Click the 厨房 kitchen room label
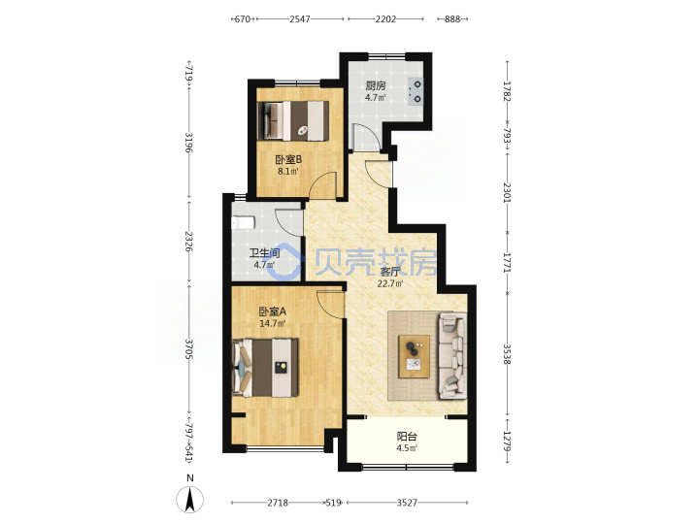pyautogui.click(x=376, y=85)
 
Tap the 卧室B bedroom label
pyautogui.click(x=288, y=159)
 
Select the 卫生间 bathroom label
pyautogui.click(x=264, y=253)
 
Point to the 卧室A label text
pyautogui.click(x=273, y=311)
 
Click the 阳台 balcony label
pyautogui.click(x=407, y=437)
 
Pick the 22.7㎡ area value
pyautogui.click(x=390, y=283)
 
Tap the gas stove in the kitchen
pyautogui.click(x=416, y=91)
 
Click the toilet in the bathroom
pyautogui.click(x=244, y=222)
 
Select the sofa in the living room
pyautogui.click(x=453, y=356)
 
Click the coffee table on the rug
pyautogui.click(x=415, y=356)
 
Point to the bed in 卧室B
pyautogui.click(x=293, y=120)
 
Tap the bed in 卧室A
pyautogui.click(x=266, y=368)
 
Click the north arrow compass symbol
pyautogui.click(x=190, y=499)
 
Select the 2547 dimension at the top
pyautogui.click(x=300, y=19)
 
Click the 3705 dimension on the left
pyautogui.click(x=189, y=349)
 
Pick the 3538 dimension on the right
pyautogui.click(x=507, y=354)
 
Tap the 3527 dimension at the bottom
pyautogui.click(x=407, y=503)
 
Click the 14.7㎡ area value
pyautogui.click(x=273, y=323)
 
